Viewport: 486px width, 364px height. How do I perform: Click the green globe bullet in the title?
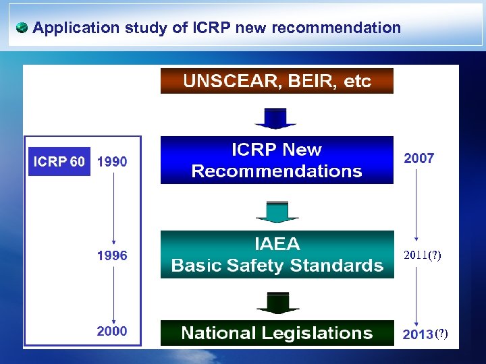click(22, 28)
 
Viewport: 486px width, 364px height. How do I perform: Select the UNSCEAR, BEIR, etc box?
click(277, 82)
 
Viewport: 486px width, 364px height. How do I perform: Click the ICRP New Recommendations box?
click(277, 160)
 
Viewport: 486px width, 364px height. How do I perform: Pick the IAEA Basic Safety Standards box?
click(277, 254)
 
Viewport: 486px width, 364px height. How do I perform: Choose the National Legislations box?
click(277, 333)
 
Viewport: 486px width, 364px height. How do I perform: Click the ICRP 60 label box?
click(59, 162)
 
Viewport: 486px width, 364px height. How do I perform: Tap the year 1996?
click(111, 255)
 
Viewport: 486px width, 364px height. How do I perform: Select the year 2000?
click(111, 331)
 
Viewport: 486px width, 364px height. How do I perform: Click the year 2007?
click(418, 158)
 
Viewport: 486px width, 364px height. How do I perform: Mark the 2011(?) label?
click(423, 255)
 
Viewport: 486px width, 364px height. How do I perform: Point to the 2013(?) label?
click(425, 334)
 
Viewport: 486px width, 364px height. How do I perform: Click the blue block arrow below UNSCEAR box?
click(275, 118)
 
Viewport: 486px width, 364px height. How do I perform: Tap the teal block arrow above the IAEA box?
click(277, 212)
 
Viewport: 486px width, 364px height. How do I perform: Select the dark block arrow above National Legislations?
click(277, 303)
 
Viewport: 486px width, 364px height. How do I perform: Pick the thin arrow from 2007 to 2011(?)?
click(416, 206)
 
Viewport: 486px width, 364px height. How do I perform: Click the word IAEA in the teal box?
click(277, 243)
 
